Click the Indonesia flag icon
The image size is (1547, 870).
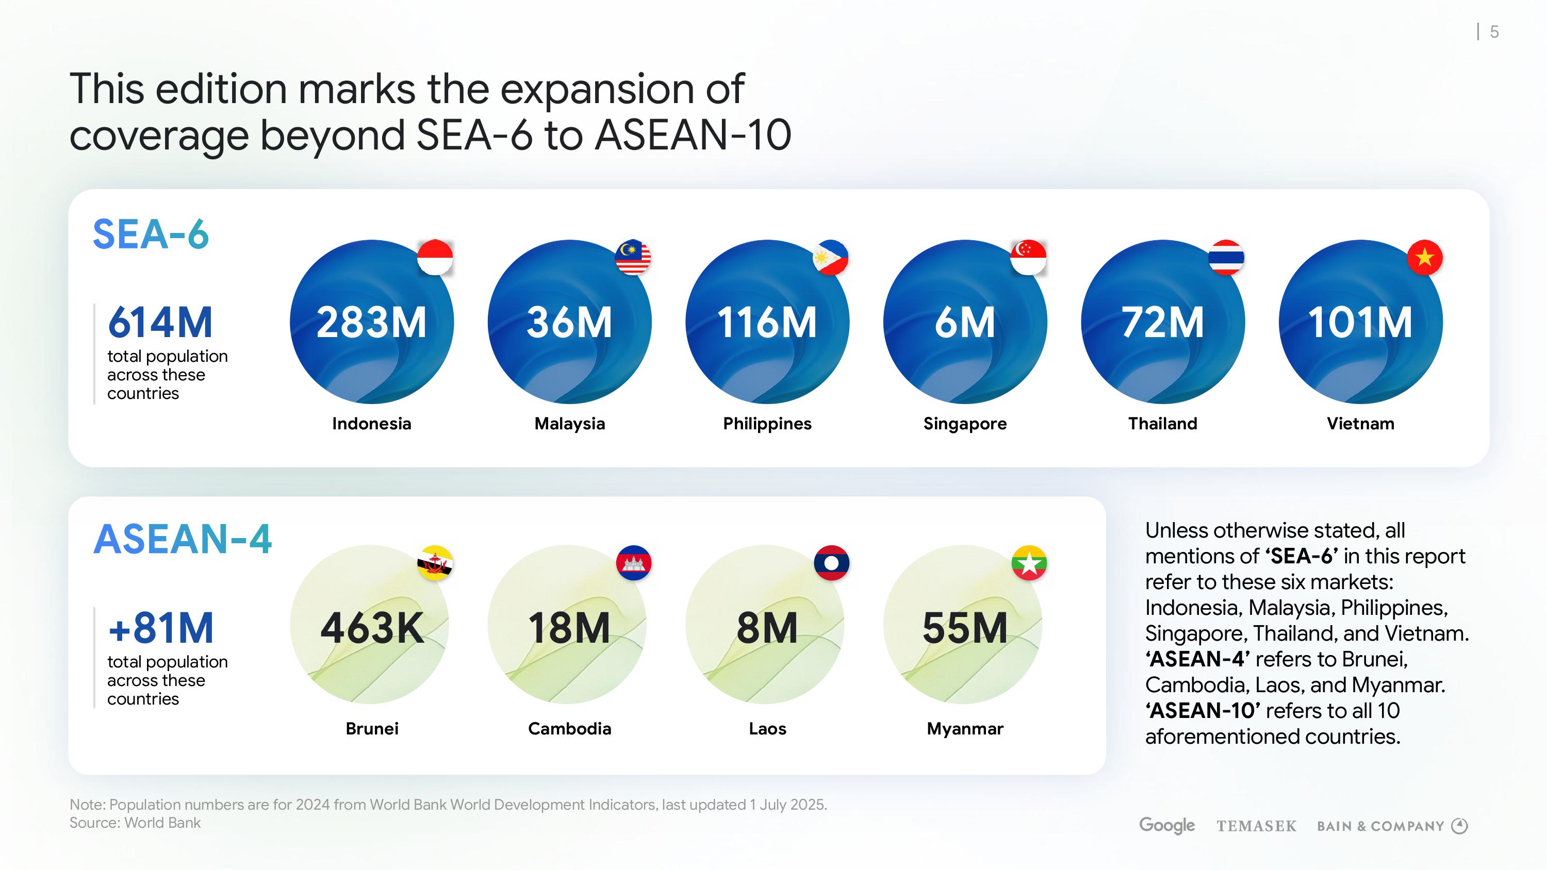[435, 258]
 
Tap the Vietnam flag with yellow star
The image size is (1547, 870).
[1424, 258]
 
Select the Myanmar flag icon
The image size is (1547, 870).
[1029, 563]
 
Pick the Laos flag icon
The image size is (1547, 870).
[831, 563]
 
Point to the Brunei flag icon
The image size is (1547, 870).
[435, 563]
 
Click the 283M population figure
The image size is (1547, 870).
[372, 323]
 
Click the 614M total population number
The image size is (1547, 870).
[160, 323]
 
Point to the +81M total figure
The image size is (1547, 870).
[161, 628]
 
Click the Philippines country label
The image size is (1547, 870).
[767, 424]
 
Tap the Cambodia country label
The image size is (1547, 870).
[569, 729]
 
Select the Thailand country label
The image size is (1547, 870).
[1163, 424]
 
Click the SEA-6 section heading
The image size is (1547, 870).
[151, 234]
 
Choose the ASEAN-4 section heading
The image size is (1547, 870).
[183, 539]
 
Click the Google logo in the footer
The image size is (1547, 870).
[1167, 826]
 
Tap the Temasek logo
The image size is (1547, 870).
[1256, 827]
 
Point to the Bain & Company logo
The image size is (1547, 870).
[1392, 826]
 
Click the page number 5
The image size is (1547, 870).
[1494, 32]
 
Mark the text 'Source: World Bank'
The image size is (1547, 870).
[135, 823]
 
